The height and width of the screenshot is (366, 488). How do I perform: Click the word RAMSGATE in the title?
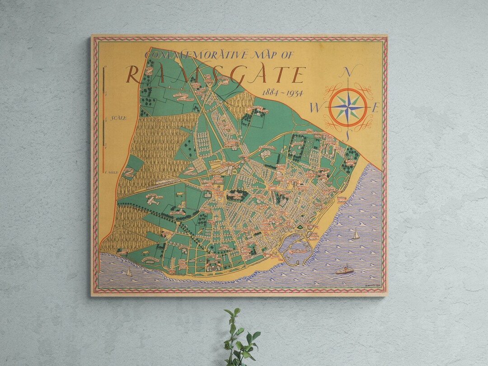pos(215,74)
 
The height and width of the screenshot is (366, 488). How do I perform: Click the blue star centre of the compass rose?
pos(347,108)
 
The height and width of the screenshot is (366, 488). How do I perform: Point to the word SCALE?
pos(120,118)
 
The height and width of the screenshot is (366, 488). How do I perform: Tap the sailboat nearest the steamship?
pos(356,234)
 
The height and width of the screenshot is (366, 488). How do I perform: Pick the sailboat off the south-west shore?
pos(129,272)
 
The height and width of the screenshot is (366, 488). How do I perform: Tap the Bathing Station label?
pos(344,199)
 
